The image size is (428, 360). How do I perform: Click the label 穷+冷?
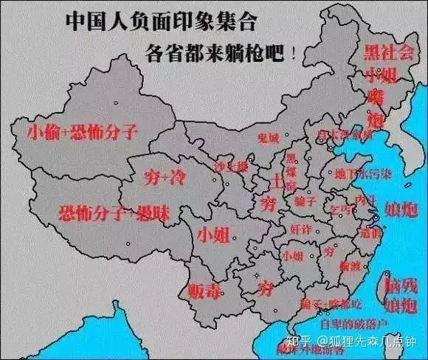point(160,177)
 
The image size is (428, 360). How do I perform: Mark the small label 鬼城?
point(269,138)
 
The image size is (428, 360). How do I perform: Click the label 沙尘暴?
point(231,167)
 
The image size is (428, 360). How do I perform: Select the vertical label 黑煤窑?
point(292,170)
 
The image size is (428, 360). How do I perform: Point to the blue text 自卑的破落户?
point(351,322)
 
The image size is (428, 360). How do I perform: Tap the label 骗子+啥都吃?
point(322,303)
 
